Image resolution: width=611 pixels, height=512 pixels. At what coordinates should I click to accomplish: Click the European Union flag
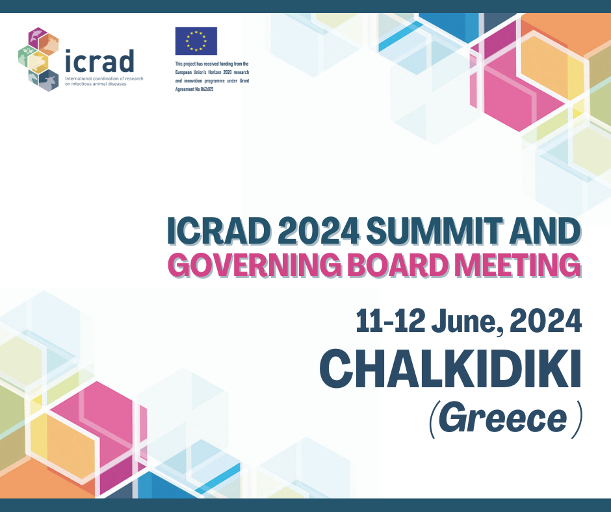tap(196, 41)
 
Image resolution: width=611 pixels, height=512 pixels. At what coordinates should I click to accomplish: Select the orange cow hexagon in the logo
tap(49, 44)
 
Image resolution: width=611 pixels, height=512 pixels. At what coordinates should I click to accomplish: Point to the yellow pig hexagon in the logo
tap(38, 62)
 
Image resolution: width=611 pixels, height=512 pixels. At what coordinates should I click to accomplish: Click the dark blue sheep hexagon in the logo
tap(48, 81)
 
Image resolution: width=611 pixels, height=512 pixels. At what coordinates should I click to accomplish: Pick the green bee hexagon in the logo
tap(27, 56)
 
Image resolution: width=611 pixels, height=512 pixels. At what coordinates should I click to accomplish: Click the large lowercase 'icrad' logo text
tap(99, 61)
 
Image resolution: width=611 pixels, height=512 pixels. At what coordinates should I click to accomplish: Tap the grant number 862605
tap(207, 89)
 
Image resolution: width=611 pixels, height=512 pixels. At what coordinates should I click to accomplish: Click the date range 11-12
tap(390, 321)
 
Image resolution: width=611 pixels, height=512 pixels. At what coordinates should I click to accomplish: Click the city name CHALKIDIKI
tap(450, 368)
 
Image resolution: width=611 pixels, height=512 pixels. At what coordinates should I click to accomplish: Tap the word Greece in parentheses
tap(502, 419)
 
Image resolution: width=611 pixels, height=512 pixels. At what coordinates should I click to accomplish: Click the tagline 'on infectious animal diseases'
tap(96, 84)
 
